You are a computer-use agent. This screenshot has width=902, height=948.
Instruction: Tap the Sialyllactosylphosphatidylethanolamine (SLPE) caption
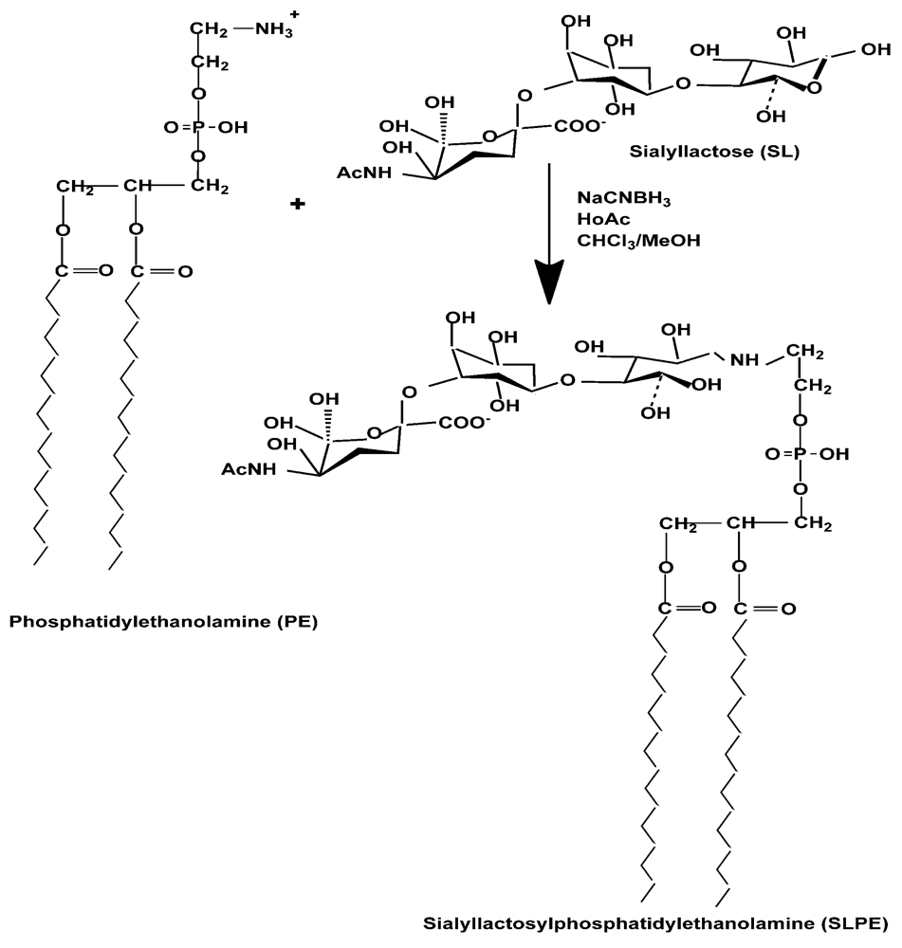(x=655, y=921)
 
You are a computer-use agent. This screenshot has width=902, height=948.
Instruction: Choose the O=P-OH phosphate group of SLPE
(x=796, y=454)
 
